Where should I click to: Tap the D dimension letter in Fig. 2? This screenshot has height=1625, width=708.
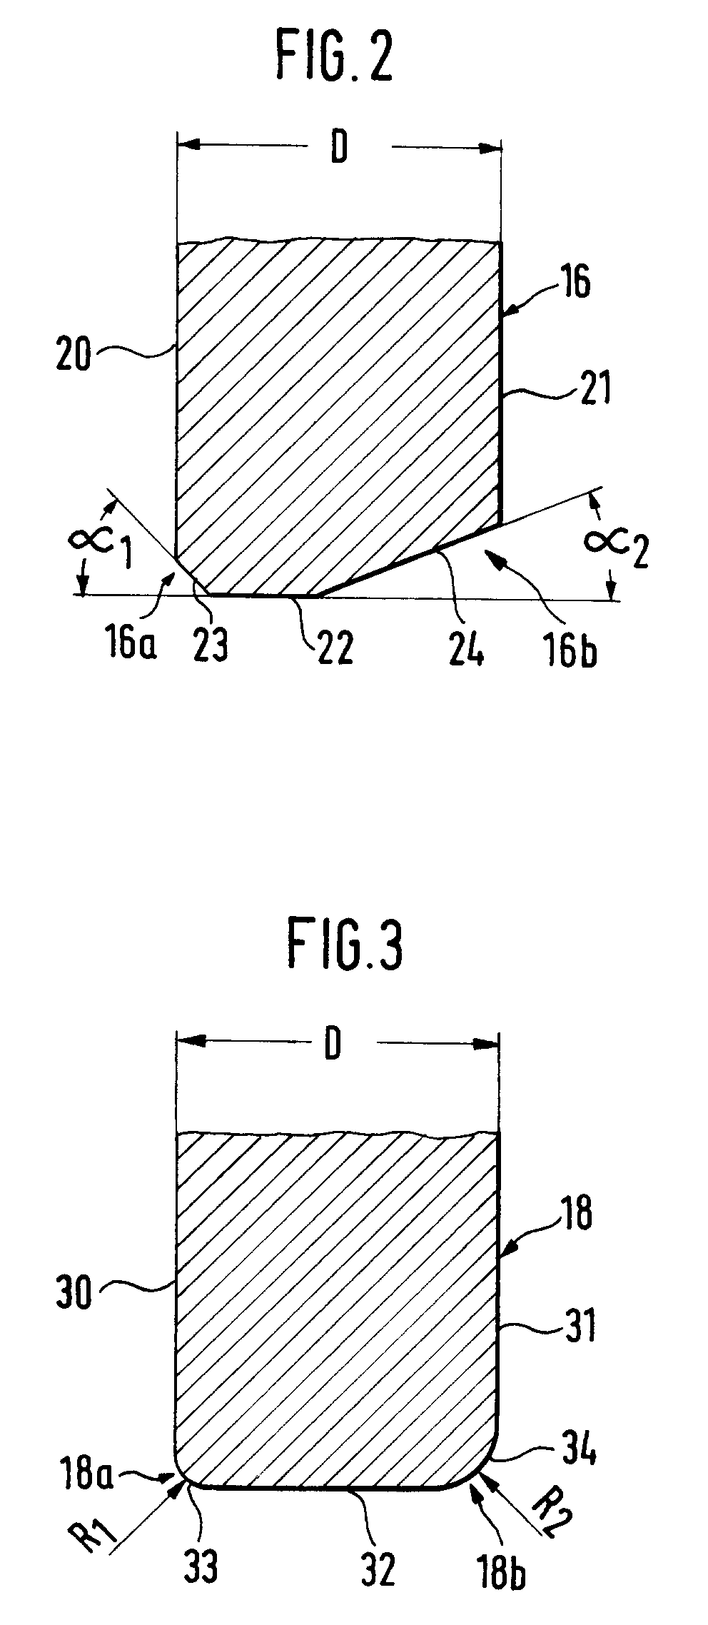338,149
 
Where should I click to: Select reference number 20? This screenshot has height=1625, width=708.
74,355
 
